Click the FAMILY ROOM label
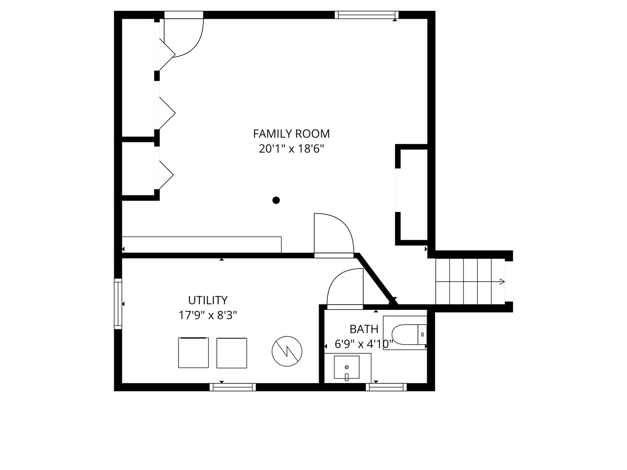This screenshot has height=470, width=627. tap(291, 134)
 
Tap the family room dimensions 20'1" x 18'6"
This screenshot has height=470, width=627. tap(291, 149)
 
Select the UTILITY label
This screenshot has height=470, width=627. tap(208, 300)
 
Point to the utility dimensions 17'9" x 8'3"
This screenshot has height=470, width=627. tap(208, 316)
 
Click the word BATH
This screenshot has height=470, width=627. tap(364, 329)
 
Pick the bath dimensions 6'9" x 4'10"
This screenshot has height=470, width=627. tap(364, 344)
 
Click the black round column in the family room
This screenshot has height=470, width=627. tap(276, 200)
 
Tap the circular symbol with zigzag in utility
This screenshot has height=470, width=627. tap(287, 351)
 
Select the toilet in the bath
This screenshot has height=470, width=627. tap(409, 335)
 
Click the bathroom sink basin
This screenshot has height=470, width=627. tap(347, 367)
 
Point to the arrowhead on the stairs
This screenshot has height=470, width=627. tap(502, 282)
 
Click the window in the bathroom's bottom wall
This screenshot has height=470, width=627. tap(386, 387)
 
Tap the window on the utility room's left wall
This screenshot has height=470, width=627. tap(118, 304)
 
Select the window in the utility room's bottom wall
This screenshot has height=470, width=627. tap(233, 387)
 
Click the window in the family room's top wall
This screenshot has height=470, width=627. tap(367, 15)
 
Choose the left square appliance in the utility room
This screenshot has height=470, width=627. tap(193, 352)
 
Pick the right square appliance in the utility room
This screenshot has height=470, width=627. tap(232, 353)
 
